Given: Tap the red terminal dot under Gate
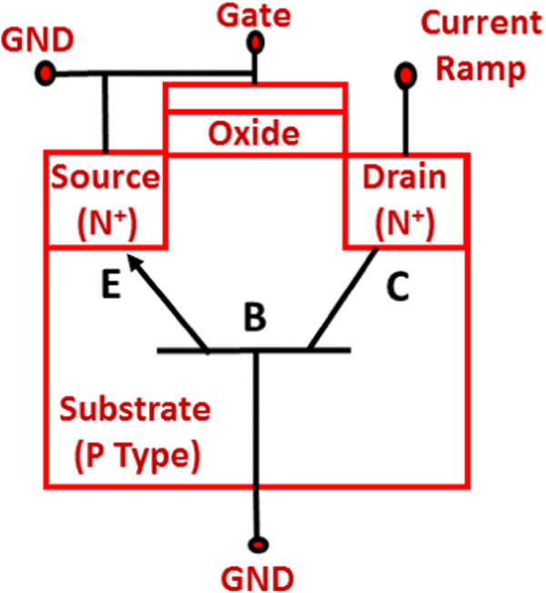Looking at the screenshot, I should [x=258, y=42].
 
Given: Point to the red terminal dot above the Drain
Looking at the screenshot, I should [x=403, y=73].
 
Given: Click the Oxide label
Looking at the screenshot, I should [x=254, y=135].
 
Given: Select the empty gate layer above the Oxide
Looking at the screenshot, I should [x=254, y=97].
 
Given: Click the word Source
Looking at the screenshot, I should [x=106, y=177].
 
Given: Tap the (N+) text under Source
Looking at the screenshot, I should [x=106, y=221].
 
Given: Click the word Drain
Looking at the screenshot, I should [x=405, y=177].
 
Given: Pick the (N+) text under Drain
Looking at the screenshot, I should [x=405, y=221].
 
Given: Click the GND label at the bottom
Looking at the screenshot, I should [x=259, y=578].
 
